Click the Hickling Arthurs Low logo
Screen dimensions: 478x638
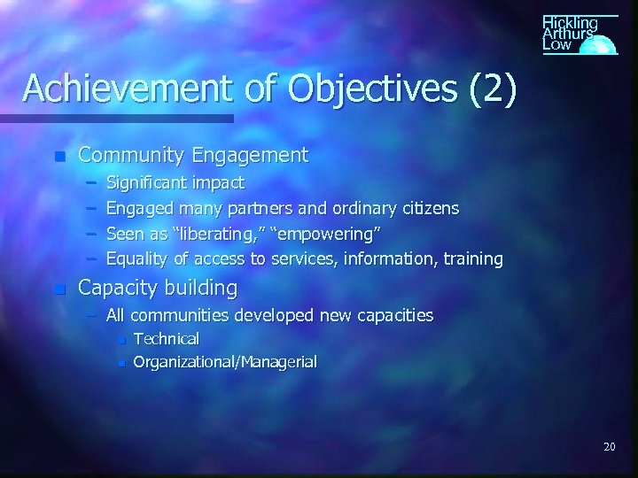click(578, 34)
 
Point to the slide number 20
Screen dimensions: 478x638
click(609, 447)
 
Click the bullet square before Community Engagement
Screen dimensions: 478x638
click(59, 157)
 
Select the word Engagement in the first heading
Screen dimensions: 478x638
click(259, 156)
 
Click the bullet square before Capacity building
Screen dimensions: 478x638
click(59, 289)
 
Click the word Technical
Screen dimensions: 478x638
click(166, 338)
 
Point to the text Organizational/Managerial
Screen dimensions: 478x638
click(224, 361)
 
